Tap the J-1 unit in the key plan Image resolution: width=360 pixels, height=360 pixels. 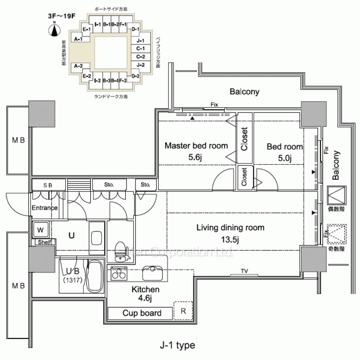pos(141,41)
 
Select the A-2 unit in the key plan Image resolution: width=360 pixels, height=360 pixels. pos(78,66)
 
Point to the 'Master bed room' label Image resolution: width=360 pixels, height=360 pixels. pos(196,146)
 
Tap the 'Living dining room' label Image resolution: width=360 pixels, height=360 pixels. pos(230,228)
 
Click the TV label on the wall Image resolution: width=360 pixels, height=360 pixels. pos(245,271)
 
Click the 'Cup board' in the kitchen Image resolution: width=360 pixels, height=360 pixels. pos(142,313)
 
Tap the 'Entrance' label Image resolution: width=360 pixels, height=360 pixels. pos(44,208)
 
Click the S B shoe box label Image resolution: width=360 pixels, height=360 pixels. pos(48,185)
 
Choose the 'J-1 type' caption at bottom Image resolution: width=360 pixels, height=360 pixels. pos(177,346)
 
